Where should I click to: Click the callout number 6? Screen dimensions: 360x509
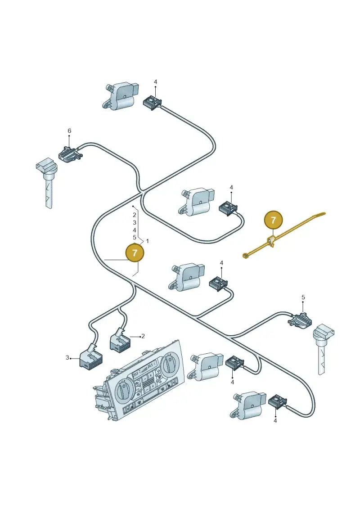coord(69,131)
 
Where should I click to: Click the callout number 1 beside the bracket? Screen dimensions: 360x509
coord(148,241)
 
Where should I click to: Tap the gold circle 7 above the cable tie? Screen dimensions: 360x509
coord(273,220)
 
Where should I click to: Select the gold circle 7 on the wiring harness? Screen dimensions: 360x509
coord(135,252)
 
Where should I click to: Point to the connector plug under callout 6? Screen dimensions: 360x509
coord(69,153)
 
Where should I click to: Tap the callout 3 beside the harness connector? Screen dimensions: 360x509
coord(67,358)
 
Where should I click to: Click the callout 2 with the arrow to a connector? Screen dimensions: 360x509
coord(143,336)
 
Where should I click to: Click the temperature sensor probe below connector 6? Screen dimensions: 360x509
coord(45,182)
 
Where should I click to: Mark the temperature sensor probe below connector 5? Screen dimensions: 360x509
coord(323,348)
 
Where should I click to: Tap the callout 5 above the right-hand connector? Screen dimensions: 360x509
coord(303,297)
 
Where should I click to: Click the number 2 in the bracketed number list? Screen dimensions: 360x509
coord(135,215)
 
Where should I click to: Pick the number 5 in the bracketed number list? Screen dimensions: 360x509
coord(135,238)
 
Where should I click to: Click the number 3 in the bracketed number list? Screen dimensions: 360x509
coord(135,223)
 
